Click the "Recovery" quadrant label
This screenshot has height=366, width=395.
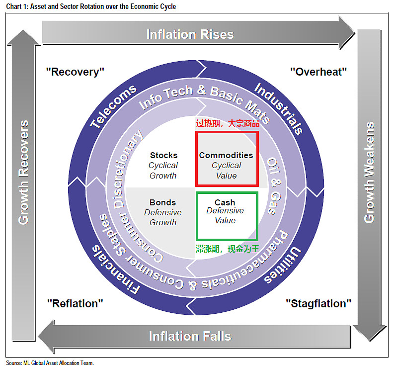coord(75,72)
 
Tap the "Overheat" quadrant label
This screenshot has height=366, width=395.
coord(318,72)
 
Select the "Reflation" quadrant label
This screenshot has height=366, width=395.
coord(75,303)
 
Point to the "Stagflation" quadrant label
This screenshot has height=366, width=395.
coord(318,303)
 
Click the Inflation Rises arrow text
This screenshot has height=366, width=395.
coord(190,34)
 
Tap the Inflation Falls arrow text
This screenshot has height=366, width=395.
coord(190,336)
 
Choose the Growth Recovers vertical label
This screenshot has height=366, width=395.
coord(24,173)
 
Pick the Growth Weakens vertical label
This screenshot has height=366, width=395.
coord(369,173)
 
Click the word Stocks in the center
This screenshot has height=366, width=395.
coord(164,155)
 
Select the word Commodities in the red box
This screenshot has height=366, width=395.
coord(226,155)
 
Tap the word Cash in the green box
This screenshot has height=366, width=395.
coord(225,202)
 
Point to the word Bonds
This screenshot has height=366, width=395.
coord(163,202)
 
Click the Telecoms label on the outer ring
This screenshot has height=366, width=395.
coord(114,106)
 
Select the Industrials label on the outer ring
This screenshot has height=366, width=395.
coord(279,108)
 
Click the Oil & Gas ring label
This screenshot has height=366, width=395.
coord(274,186)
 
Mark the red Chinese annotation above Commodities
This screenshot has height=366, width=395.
coord(228,123)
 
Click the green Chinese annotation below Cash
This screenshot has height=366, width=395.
coord(228,249)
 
